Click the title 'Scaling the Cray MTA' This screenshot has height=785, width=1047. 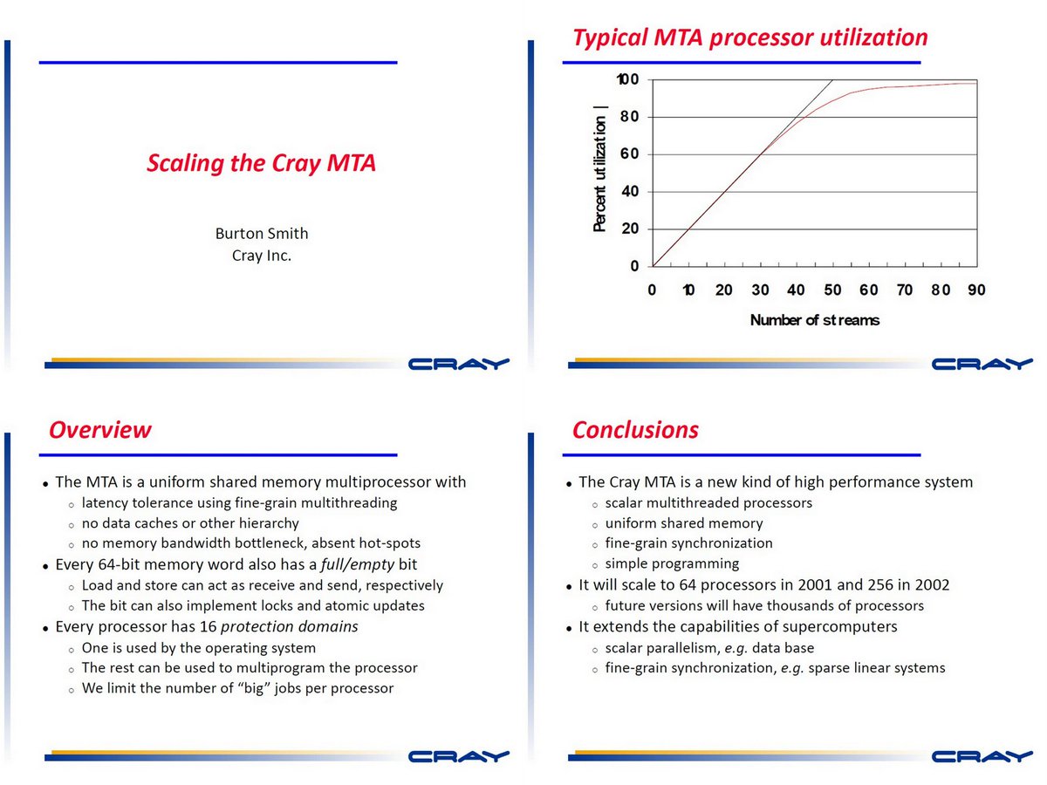tap(261, 163)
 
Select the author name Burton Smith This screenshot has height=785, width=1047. tap(262, 233)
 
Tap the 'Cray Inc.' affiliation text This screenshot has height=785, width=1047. tap(262, 256)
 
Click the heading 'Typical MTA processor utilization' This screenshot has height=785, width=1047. tap(749, 38)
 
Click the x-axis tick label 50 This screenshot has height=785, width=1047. tap(832, 290)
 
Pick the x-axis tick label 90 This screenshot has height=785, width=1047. tap(976, 290)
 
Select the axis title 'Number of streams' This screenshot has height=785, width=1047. tap(815, 320)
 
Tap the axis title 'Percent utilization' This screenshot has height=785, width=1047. tap(599, 169)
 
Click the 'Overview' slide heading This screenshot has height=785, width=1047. tap(99, 430)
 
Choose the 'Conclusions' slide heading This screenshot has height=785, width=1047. tap(635, 430)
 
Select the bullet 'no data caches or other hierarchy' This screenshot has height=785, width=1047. tap(190, 523)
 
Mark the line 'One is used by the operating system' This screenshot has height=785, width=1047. tap(199, 648)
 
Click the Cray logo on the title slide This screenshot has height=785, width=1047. tap(458, 364)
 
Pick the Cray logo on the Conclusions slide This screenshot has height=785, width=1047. tap(982, 756)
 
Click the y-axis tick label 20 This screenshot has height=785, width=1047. tap(630, 229)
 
